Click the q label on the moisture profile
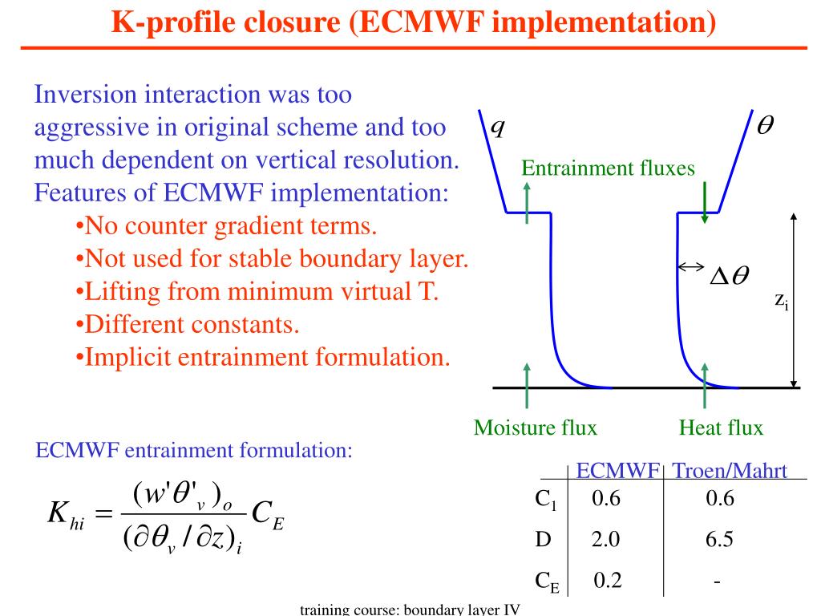(x=497, y=128)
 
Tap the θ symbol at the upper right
(x=765, y=127)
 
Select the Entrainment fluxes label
(x=608, y=168)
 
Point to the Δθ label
(x=729, y=275)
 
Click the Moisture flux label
(x=536, y=428)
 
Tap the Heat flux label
(x=721, y=428)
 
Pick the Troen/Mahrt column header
(x=728, y=472)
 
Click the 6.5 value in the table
(x=720, y=540)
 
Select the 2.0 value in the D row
(x=606, y=540)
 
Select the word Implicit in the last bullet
(x=126, y=356)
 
